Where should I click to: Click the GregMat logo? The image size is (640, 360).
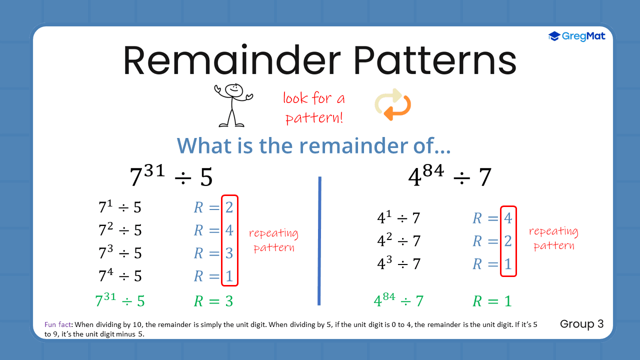pyautogui.click(x=576, y=36)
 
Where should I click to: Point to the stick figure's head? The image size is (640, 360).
pyautogui.click(x=233, y=90)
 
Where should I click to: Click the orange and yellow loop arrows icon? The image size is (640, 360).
pyautogui.click(x=393, y=104)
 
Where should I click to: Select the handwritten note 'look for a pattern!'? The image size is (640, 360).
pyautogui.click(x=314, y=107)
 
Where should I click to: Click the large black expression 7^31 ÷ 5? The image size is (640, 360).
pyautogui.click(x=171, y=177)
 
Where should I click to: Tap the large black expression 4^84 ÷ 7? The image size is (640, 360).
pyautogui.click(x=450, y=177)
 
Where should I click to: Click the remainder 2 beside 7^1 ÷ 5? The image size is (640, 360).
pyautogui.click(x=229, y=207)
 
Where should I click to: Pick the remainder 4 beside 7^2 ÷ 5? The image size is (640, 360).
pyautogui.click(x=229, y=230)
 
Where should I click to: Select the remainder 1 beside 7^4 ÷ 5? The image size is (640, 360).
pyautogui.click(x=229, y=276)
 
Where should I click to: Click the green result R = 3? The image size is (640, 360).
pyautogui.click(x=213, y=301)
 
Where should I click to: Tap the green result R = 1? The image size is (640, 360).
pyautogui.click(x=492, y=301)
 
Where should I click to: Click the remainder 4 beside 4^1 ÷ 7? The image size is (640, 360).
pyautogui.click(x=508, y=218)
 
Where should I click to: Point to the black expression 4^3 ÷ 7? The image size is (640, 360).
pyautogui.click(x=398, y=264)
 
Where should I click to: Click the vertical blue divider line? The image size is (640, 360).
pyautogui.click(x=319, y=240)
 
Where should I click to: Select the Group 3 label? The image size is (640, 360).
pyautogui.click(x=581, y=324)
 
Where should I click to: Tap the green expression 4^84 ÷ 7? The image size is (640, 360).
pyautogui.click(x=398, y=301)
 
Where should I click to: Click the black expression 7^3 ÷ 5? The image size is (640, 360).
pyautogui.click(x=120, y=253)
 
